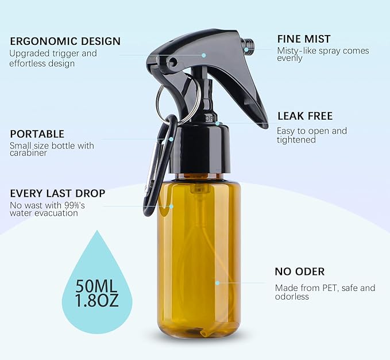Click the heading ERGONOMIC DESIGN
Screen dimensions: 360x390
point(65,41)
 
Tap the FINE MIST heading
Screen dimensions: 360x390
point(304,39)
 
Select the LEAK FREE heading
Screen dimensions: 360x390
point(304,116)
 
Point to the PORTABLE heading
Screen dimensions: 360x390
point(37,134)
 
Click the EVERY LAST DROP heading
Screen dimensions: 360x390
point(57,193)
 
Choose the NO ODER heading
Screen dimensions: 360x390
point(299,271)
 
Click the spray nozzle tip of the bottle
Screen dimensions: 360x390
point(248,46)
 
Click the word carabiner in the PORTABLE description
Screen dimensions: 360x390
point(28,154)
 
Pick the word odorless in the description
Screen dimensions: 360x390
point(292,297)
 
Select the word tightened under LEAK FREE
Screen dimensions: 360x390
point(296,140)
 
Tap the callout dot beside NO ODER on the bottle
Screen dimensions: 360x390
point(217,282)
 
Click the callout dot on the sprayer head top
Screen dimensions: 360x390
point(203,55)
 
